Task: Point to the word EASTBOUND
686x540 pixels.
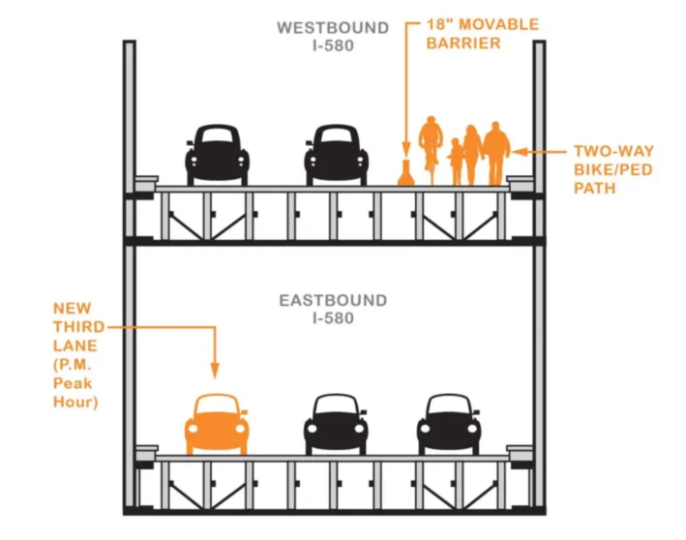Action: click(333, 301)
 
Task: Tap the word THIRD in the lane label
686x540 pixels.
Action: click(74, 327)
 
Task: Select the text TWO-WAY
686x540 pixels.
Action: click(613, 152)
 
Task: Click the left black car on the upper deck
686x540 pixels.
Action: click(217, 154)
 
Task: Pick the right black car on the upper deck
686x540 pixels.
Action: click(336, 154)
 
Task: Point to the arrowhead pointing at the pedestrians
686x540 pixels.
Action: click(518, 152)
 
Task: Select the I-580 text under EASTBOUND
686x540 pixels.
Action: click(333, 318)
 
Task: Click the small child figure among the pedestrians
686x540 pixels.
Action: click(456, 162)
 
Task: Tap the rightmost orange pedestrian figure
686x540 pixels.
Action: click(496, 154)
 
